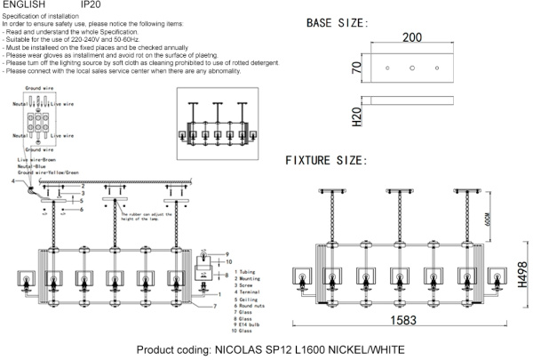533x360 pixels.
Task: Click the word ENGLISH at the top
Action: pos(23,5)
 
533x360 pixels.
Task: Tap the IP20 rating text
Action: pos(91,5)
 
